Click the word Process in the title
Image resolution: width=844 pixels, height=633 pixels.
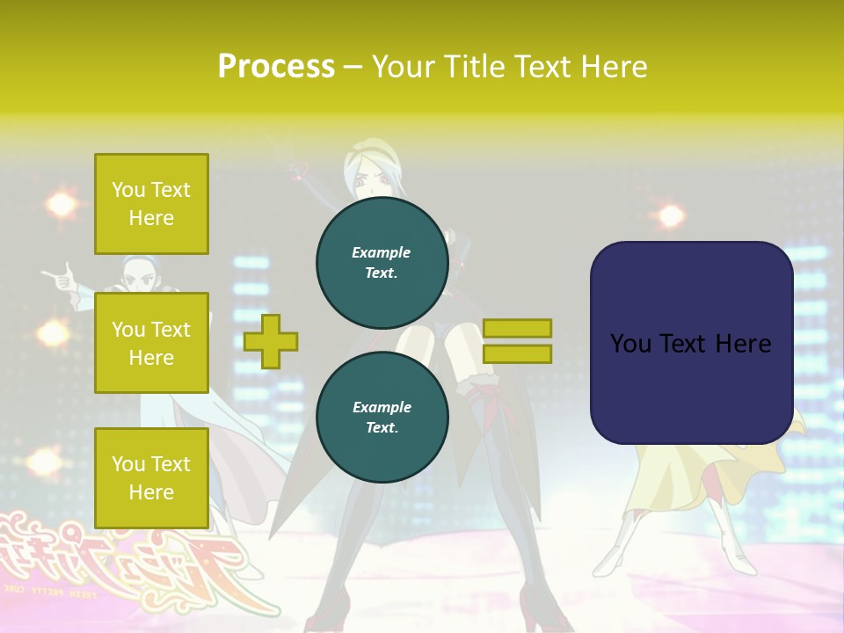[x=276, y=67]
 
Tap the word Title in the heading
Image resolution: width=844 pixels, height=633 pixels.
[x=476, y=67]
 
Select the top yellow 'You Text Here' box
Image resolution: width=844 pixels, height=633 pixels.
[x=151, y=204]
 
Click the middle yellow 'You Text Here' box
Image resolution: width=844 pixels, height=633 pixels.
[x=151, y=343]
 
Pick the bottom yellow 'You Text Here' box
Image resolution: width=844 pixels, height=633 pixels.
[x=151, y=477]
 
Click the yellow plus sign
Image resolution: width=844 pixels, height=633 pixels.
[x=271, y=341]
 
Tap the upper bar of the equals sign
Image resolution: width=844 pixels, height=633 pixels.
[x=517, y=328]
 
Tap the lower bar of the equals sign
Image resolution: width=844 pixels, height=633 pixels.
[x=517, y=353]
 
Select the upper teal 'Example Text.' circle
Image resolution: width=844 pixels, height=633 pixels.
[x=382, y=262]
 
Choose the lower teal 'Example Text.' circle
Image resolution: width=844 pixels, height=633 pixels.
[x=382, y=417]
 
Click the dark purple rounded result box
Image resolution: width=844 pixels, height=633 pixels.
[x=691, y=343]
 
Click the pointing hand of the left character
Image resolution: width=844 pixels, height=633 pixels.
[x=58, y=278]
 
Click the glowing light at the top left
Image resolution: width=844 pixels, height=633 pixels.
[x=62, y=204]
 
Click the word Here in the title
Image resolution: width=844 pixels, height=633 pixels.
[x=613, y=67]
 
